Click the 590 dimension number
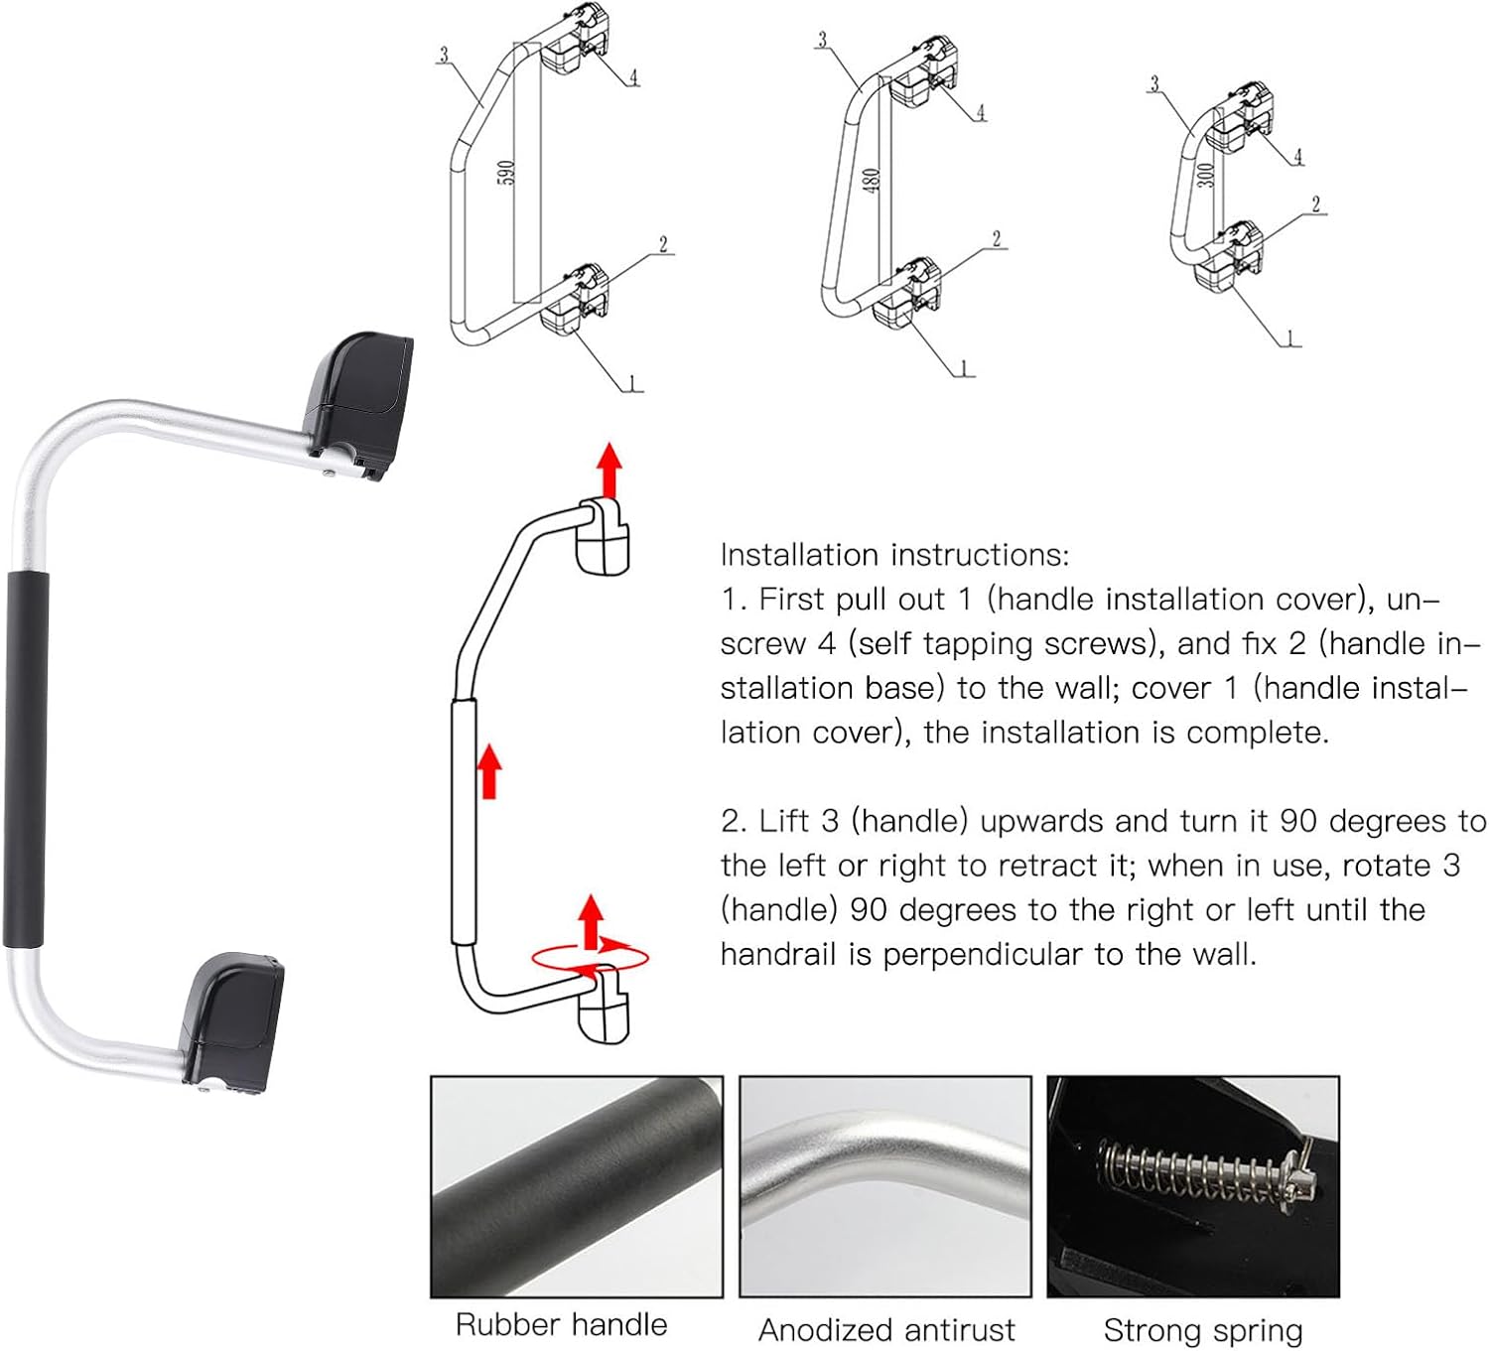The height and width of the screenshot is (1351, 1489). click(x=505, y=173)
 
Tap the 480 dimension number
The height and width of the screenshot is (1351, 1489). click(x=871, y=181)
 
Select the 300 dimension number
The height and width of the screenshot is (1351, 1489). click(x=1205, y=175)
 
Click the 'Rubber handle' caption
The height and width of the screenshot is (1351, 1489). click(x=561, y=1324)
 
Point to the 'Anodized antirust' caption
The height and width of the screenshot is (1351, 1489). click(x=886, y=1329)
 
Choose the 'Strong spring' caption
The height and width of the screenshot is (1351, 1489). click(x=1203, y=1329)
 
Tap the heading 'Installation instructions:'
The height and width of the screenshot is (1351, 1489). click(x=894, y=554)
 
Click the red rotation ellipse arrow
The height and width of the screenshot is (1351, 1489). click(x=591, y=957)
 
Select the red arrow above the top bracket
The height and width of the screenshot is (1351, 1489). click(x=609, y=470)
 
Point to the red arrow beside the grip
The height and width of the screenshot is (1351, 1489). click(x=488, y=771)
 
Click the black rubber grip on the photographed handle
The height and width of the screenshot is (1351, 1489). click(x=25, y=757)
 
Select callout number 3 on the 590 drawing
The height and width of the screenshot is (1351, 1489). click(x=443, y=55)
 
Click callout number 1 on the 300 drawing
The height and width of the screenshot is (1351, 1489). click(x=1291, y=339)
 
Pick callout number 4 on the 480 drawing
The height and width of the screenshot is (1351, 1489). click(x=980, y=111)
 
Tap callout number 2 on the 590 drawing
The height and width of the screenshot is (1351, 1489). click(x=662, y=244)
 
